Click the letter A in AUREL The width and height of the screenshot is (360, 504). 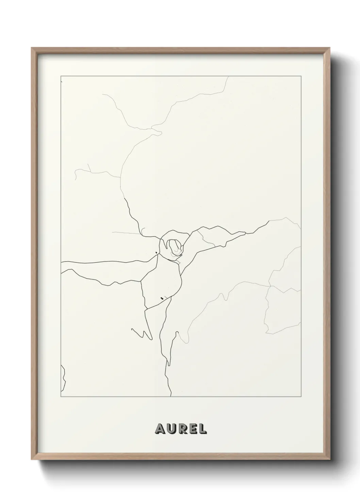160,429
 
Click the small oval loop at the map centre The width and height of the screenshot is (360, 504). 174,246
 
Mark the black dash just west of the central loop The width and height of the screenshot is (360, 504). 156,252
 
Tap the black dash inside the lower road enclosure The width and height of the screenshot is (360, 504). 162,298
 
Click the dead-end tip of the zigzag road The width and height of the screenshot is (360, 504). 132,329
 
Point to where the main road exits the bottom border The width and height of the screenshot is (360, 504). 171,396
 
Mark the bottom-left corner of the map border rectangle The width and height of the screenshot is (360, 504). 61,397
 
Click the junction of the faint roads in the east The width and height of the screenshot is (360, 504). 269,286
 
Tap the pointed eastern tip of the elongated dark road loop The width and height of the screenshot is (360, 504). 245,233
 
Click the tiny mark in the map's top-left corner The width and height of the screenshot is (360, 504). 61,82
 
